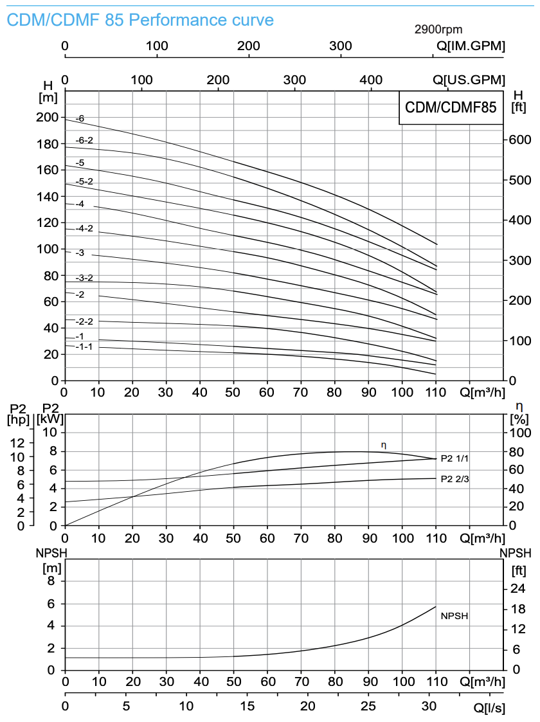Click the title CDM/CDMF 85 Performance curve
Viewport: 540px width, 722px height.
point(140,20)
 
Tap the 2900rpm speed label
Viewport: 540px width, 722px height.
point(438,30)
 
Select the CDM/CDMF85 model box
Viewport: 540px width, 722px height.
point(450,107)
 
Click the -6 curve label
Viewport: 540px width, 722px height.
point(80,119)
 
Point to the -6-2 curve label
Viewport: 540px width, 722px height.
point(84,140)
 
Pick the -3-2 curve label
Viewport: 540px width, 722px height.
point(84,278)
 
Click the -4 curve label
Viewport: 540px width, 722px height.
point(80,204)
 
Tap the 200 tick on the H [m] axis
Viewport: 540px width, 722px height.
point(47,117)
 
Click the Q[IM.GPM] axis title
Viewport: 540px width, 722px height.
point(471,46)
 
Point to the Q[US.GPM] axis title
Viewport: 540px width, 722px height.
point(469,80)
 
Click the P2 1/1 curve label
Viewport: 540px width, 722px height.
point(455,459)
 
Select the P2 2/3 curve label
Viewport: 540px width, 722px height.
point(455,479)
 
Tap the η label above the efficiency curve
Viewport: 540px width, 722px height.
point(384,445)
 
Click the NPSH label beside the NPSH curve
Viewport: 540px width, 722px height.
point(454,616)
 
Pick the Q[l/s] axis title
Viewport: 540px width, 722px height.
point(489,708)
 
